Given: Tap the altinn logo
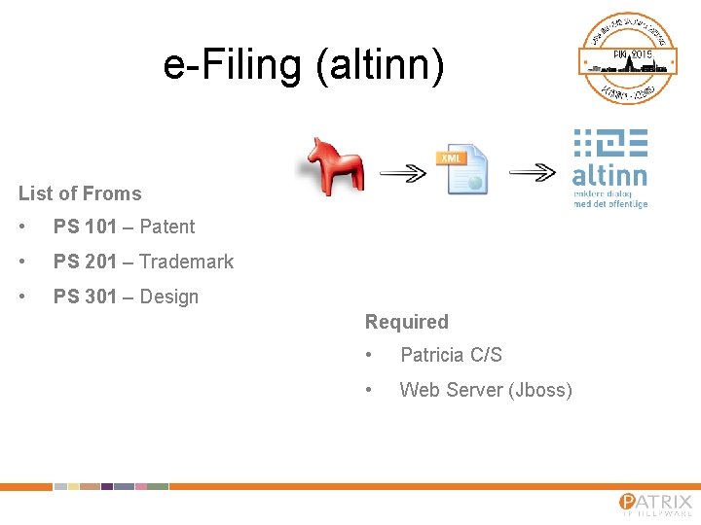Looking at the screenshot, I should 609,168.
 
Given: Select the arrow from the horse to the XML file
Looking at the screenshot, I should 402,173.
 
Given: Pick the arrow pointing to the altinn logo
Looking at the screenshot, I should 533,173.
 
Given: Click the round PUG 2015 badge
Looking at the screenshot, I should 628,58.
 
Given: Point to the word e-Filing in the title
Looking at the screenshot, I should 233,65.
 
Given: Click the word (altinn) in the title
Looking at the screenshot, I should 380,66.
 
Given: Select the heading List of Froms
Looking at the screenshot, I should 80,193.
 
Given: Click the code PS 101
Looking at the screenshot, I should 85,227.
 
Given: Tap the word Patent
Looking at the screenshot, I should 167,227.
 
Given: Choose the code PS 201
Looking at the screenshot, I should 85,262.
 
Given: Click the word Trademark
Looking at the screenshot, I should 187,262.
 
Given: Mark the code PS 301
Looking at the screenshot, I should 85,297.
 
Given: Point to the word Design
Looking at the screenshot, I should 169,297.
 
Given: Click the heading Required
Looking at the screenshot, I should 406,322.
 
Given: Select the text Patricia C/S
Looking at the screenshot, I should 451,355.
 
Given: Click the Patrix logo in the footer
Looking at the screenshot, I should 655,505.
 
